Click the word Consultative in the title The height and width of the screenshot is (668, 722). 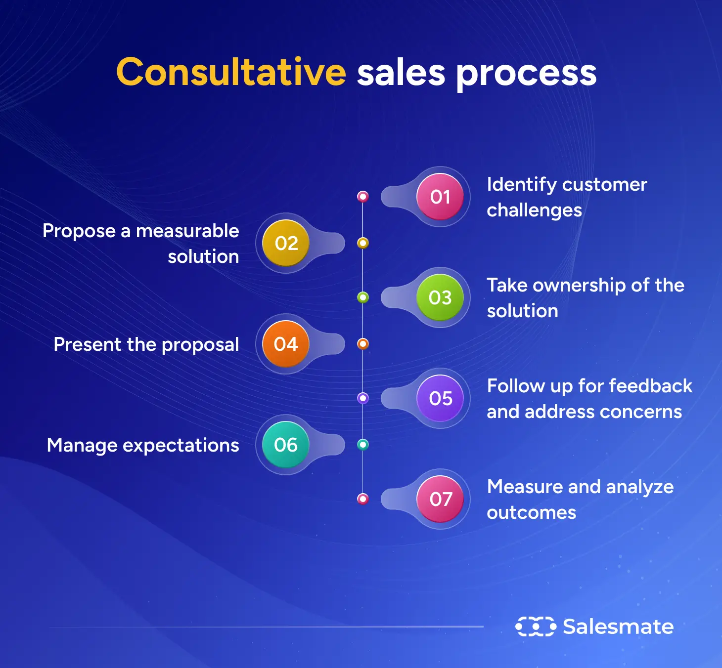[231, 72]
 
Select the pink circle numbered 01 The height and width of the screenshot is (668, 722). [440, 197]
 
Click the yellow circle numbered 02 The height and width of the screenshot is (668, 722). [286, 243]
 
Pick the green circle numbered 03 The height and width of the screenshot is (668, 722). [440, 297]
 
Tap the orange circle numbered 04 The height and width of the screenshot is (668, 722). [286, 344]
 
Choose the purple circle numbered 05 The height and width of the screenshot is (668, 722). [440, 398]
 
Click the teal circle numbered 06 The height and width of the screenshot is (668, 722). [286, 445]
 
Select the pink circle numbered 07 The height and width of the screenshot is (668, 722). [440, 499]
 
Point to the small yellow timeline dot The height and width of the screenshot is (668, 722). [363, 243]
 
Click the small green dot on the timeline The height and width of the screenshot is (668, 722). [363, 297]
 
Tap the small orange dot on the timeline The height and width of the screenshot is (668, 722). [363, 344]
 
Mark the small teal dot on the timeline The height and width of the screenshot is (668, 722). [363, 445]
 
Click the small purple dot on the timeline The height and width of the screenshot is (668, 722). [363, 398]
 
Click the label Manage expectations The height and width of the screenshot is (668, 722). [143, 445]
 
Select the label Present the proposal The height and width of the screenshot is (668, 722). [146, 344]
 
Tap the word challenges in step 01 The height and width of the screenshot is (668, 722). [534, 210]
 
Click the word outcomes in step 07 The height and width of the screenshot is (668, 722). [531, 512]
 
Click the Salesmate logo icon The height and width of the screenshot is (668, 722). [536, 626]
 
